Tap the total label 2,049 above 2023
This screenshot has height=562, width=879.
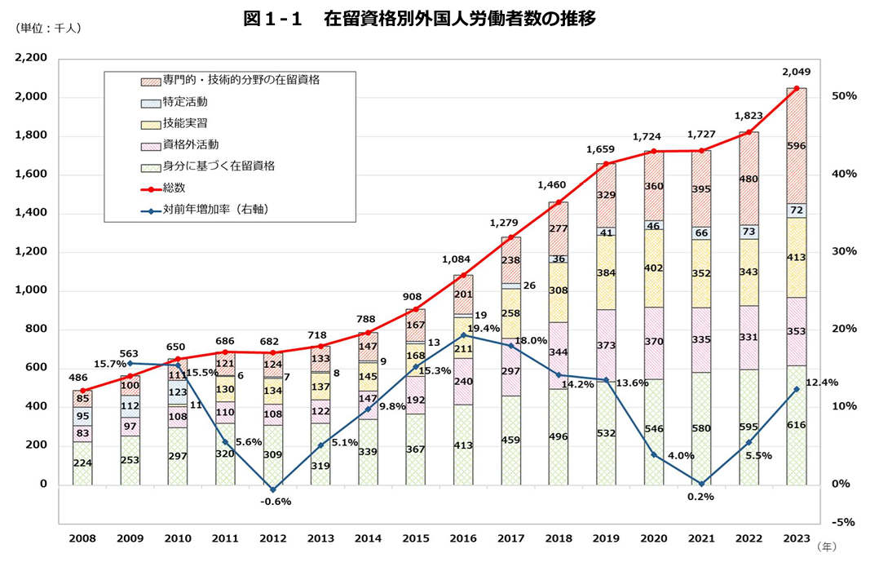[x=796, y=72]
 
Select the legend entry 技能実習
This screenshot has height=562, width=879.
[x=185, y=122]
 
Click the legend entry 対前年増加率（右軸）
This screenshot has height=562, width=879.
[x=215, y=209]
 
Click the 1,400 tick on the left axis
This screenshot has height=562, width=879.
[x=32, y=213]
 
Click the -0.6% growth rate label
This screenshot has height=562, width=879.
[x=275, y=502]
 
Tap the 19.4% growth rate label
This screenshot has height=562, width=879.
[x=484, y=328]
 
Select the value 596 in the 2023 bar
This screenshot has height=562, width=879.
[x=797, y=147]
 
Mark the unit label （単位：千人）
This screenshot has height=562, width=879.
[x=47, y=28]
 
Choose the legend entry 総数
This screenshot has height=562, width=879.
[x=174, y=187]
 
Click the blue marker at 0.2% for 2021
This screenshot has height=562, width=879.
[x=701, y=483]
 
